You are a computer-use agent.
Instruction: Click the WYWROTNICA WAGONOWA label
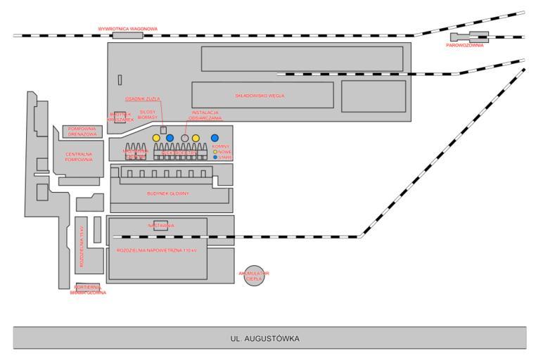(x=127, y=29)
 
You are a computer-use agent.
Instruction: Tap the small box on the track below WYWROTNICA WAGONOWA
(x=127, y=35)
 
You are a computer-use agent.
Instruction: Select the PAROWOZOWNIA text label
(x=465, y=45)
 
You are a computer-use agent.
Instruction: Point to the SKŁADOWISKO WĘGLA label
(x=260, y=95)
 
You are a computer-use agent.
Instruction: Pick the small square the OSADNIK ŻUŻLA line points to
(x=163, y=130)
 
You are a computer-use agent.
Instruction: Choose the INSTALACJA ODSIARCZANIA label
(x=206, y=115)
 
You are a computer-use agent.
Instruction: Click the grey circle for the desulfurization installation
(x=185, y=138)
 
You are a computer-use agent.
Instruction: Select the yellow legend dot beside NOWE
(x=215, y=151)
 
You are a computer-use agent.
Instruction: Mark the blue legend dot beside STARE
(x=215, y=157)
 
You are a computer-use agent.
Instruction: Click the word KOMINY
(x=221, y=146)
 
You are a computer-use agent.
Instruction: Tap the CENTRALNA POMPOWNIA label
(x=79, y=157)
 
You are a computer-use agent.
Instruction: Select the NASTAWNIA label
(x=161, y=226)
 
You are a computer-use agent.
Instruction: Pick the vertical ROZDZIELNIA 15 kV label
(x=82, y=247)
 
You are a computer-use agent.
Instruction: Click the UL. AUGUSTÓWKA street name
(x=264, y=339)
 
